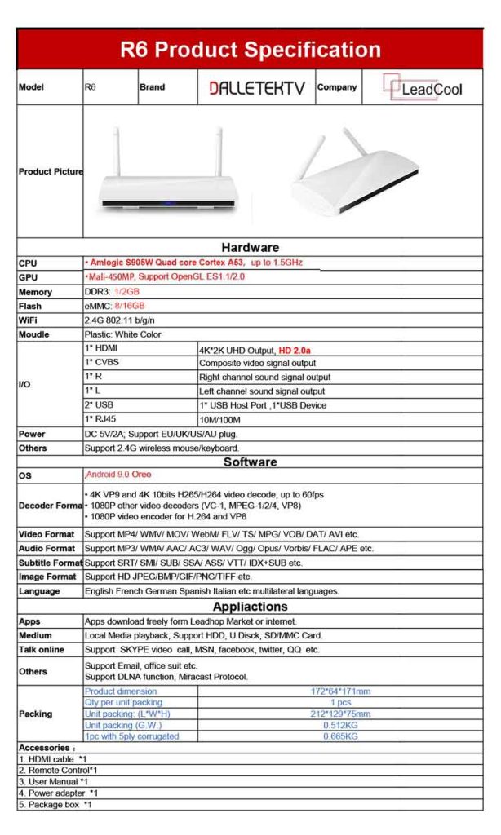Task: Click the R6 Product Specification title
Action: coord(250,51)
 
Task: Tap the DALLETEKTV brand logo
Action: coord(257,87)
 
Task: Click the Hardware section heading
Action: coord(250,247)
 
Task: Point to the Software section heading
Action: coord(250,462)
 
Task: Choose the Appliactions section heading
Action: coord(250,607)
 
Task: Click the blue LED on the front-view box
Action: coord(167,203)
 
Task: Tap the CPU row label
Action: coord(28,263)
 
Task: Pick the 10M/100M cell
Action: coord(220,419)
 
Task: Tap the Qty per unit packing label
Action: coord(123,703)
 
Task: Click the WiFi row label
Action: coord(29,320)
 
